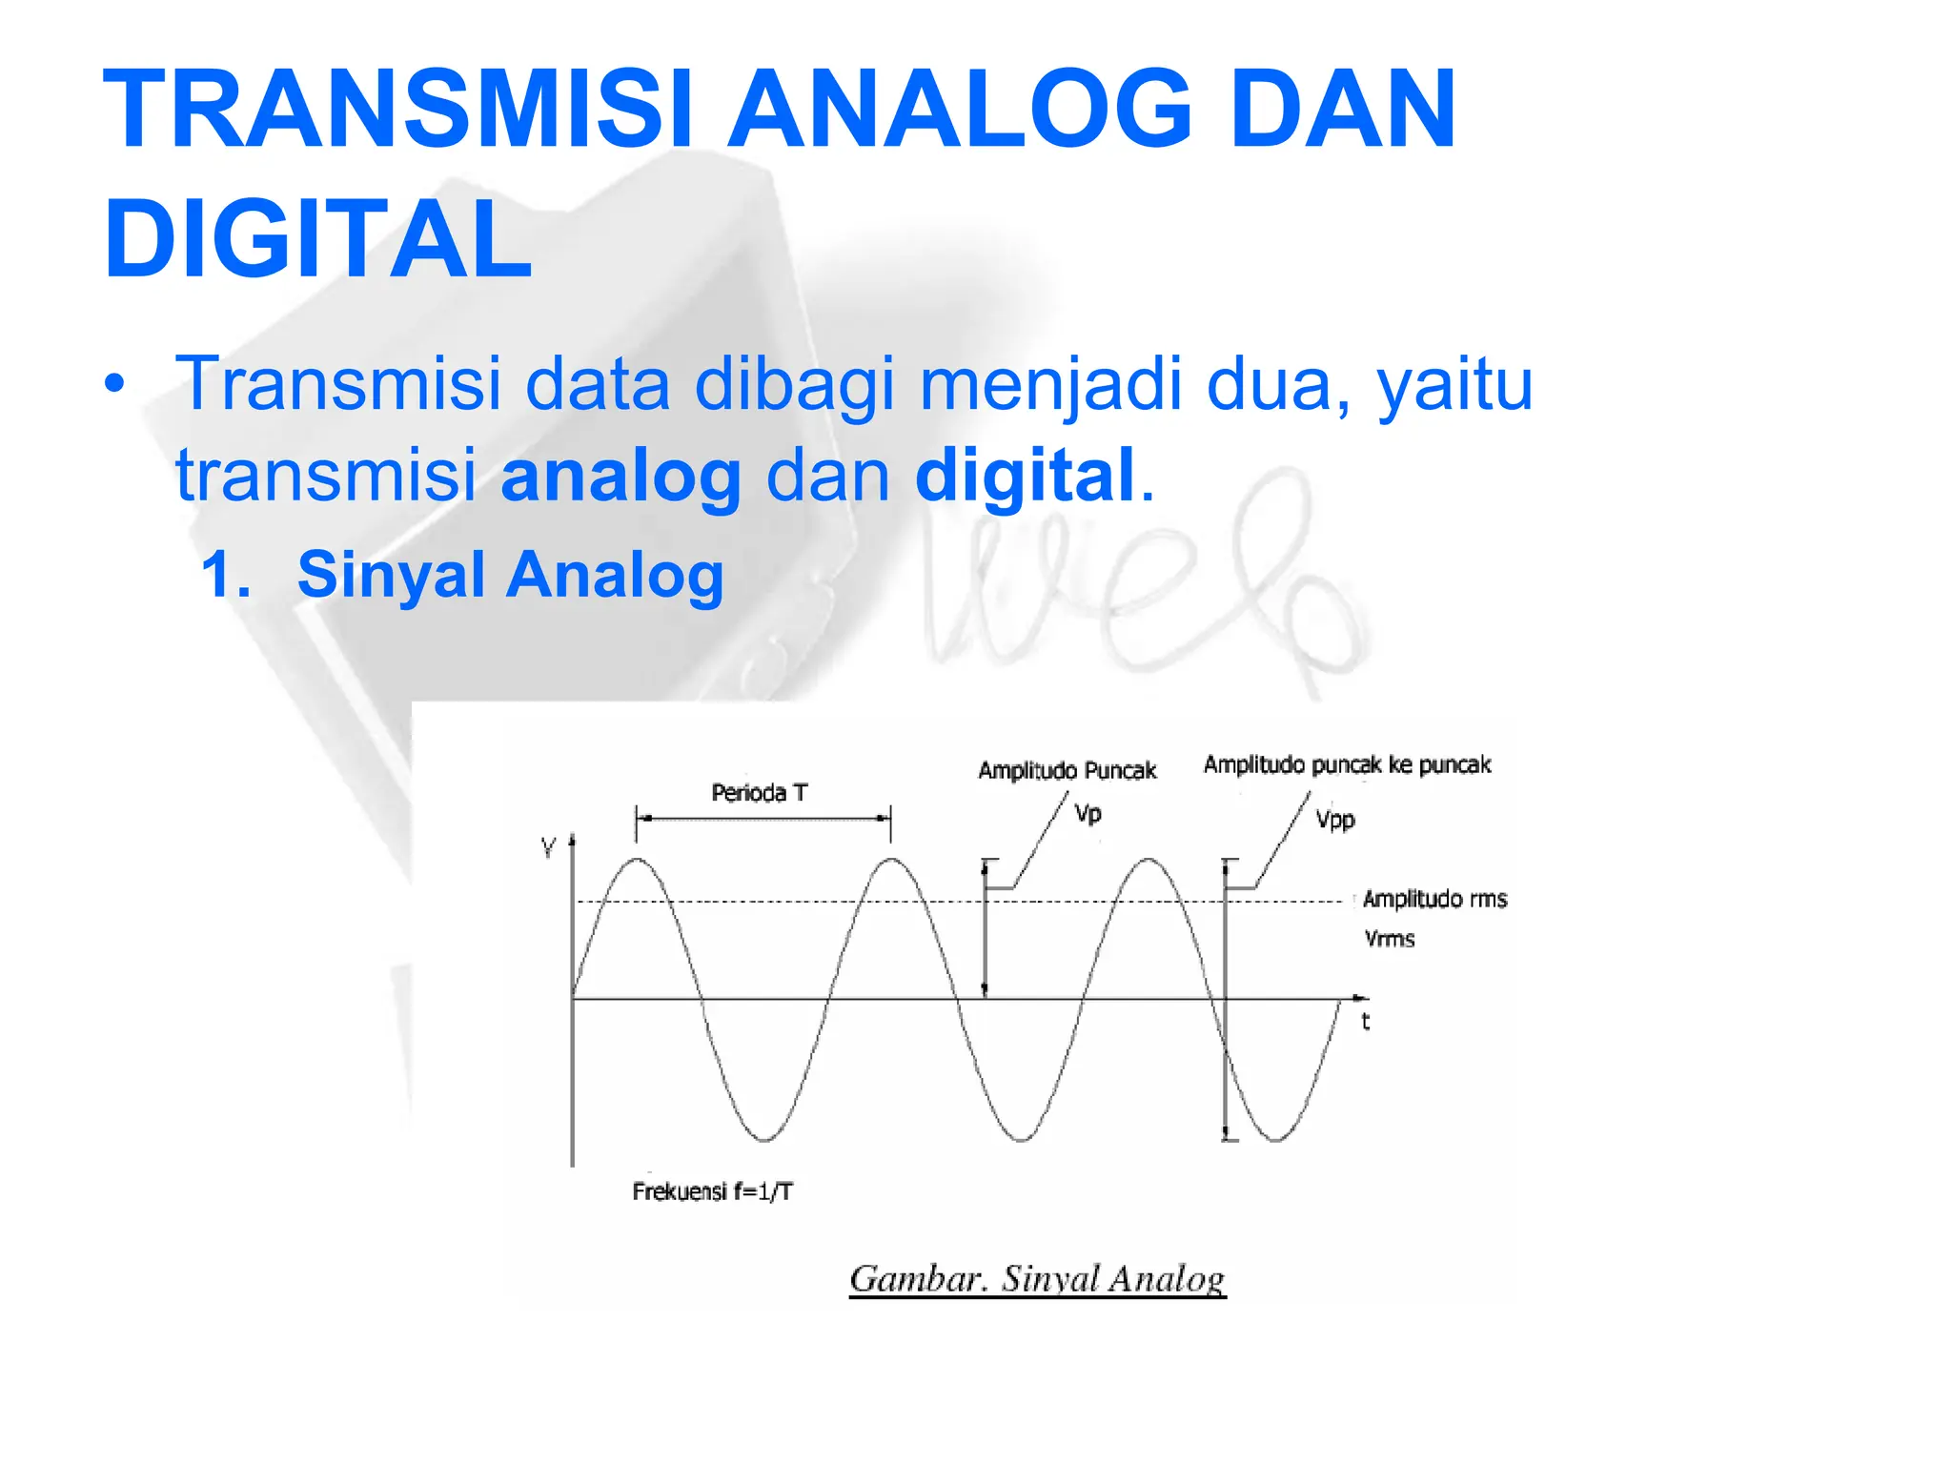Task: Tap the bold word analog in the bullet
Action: (x=620, y=476)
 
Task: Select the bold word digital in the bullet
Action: (x=1025, y=476)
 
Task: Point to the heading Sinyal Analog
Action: (x=510, y=576)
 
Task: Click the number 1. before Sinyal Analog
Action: (x=227, y=576)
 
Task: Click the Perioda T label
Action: (x=759, y=793)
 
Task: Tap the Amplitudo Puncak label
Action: (x=1067, y=770)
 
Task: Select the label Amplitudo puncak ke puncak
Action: (x=1346, y=764)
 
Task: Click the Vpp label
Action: (x=1334, y=820)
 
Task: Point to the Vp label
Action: (x=1088, y=814)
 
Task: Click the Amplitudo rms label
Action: (x=1434, y=899)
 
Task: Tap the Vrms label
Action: (x=1389, y=939)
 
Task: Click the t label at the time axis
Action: (x=1365, y=1022)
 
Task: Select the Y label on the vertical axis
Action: (x=548, y=847)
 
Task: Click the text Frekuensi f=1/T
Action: (x=712, y=1191)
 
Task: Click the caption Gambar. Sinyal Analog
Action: (x=1037, y=1279)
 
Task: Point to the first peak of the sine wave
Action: (x=637, y=860)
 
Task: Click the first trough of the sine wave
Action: (x=764, y=1139)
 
